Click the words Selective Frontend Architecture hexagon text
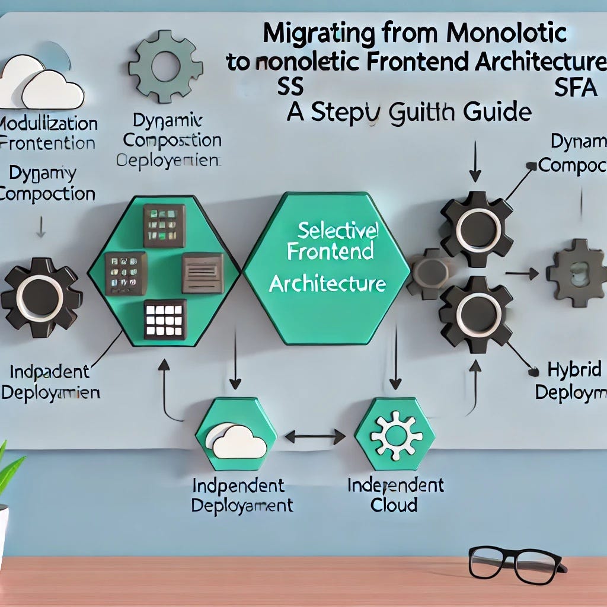click(328, 258)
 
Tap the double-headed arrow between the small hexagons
click(315, 437)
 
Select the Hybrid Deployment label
click(570, 381)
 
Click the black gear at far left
click(40, 297)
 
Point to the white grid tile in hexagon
click(164, 320)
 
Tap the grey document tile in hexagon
click(202, 272)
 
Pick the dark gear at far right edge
click(576, 273)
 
